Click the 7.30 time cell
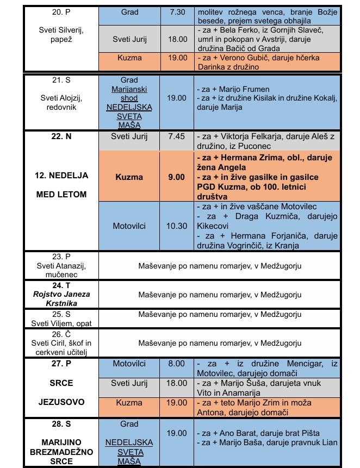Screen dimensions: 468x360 (177, 12)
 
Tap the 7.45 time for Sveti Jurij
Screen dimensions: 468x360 (177, 136)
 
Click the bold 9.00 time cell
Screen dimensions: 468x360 (177, 177)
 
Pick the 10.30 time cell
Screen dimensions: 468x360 (177, 225)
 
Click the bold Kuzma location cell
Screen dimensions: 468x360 (129, 177)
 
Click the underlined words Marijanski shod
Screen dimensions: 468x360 (129, 93)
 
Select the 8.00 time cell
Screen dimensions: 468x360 (177, 364)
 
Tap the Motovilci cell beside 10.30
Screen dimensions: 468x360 (129, 225)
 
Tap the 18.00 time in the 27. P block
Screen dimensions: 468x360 (177, 383)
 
